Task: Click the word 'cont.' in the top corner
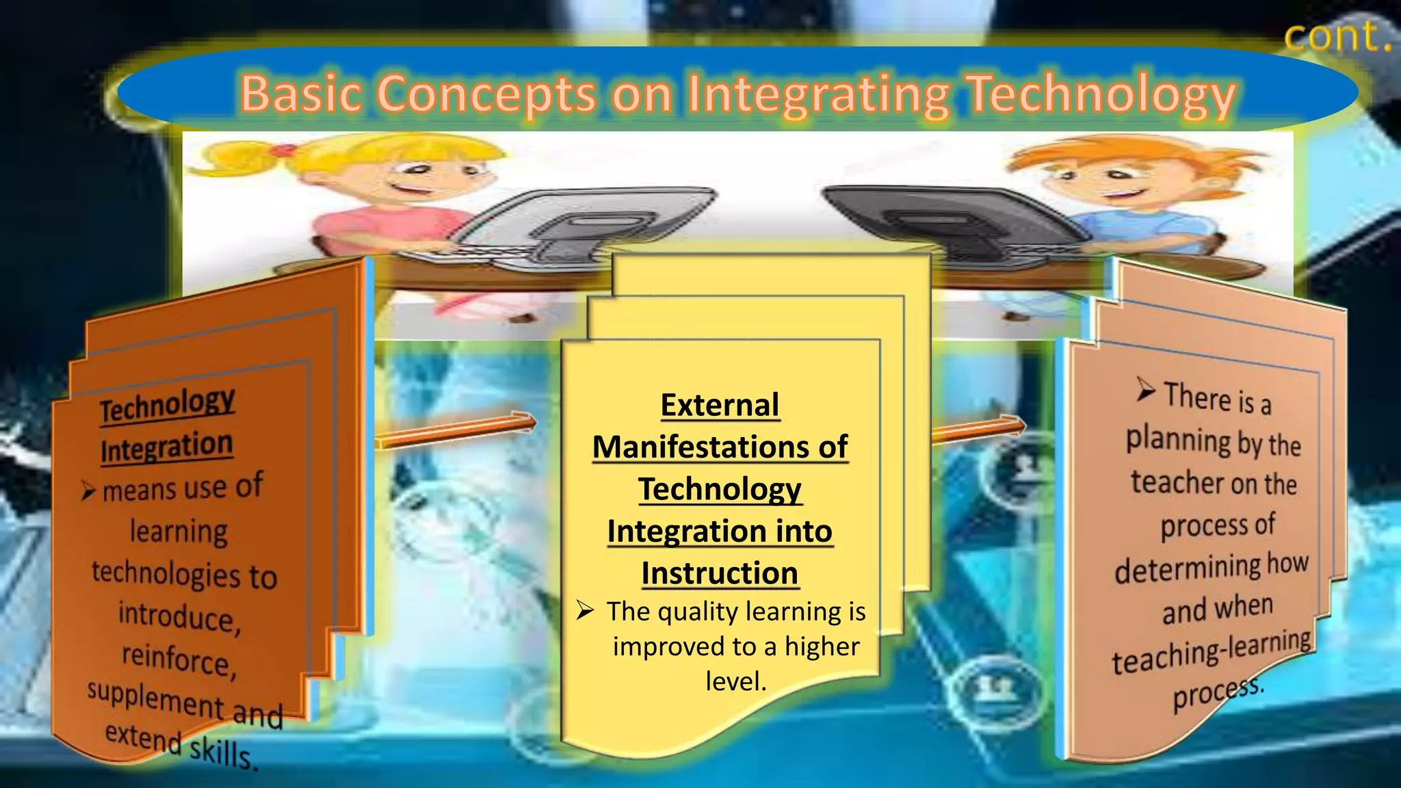click(x=1337, y=36)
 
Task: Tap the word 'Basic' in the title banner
click(x=300, y=94)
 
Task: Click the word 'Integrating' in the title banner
click(x=818, y=95)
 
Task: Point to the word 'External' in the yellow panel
click(x=720, y=405)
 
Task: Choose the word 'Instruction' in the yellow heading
click(x=720, y=573)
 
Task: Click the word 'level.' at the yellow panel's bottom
click(x=736, y=681)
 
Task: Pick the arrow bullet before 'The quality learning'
click(x=586, y=609)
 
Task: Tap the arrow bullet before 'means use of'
click(x=88, y=490)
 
